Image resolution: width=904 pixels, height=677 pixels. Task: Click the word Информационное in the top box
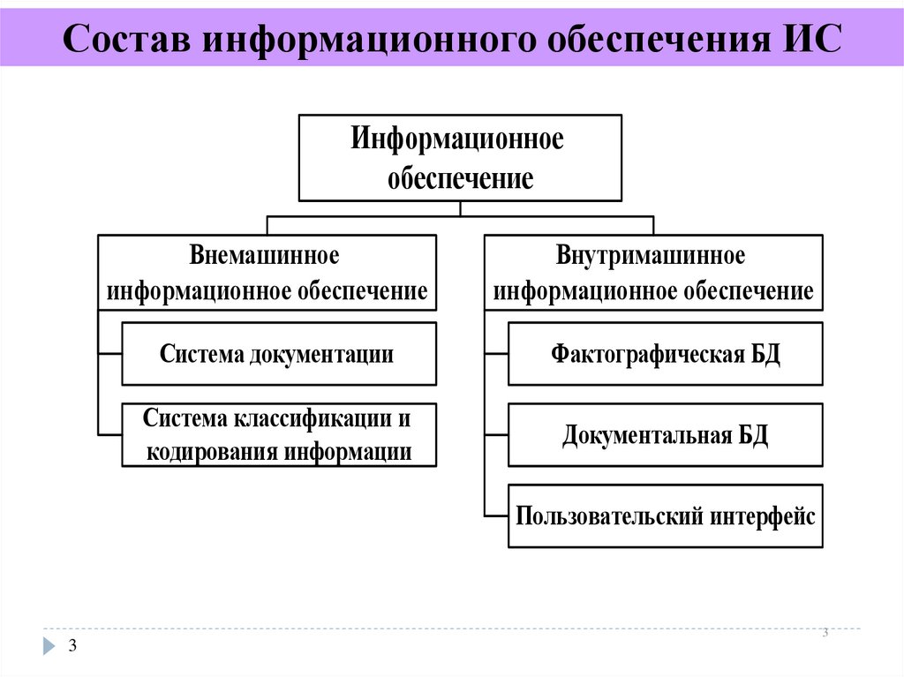[x=457, y=139]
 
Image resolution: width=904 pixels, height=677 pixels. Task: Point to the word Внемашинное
[x=266, y=256]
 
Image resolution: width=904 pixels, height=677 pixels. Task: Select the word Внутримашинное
[x=652, y=256]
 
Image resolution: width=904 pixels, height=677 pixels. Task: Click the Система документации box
[x=278, y=354]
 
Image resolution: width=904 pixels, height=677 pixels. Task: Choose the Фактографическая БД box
[x=667, y=354]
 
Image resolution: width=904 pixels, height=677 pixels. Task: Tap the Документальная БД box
[x=667, y=435]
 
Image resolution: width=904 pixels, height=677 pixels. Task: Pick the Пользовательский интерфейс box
[x=667, y=516]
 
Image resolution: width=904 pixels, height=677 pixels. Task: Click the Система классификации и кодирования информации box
[x=278, y=435]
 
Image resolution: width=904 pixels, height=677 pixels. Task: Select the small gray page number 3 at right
[x=825, y=632]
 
